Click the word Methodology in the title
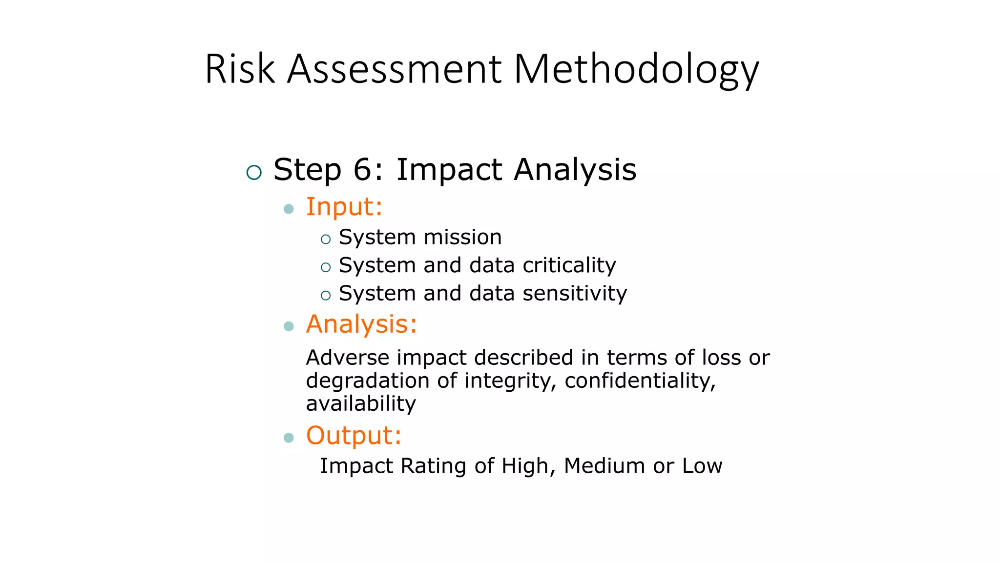(636, 69)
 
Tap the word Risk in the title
(239, 69)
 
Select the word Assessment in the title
(394, 69)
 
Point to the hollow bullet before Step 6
(254, 172)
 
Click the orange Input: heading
(344, 207)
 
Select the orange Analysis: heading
(361, 324)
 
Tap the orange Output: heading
(354, 435)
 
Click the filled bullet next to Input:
(289, 209)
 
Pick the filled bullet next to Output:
(289, 438)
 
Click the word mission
(462, 238)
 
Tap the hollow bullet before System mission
(326, 240)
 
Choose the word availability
(361, 404)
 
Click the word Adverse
(347, 358)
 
